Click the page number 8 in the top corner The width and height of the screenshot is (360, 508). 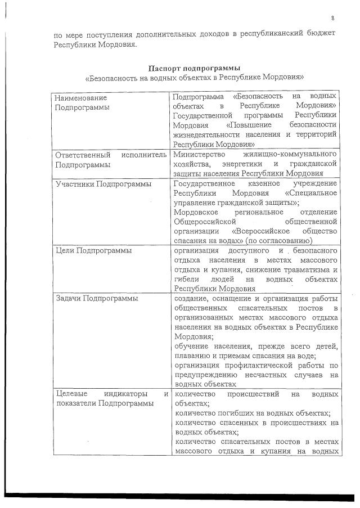pyautogui.click(x=332, y=17)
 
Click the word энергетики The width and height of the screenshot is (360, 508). pyautogui.click(x=238, y=164)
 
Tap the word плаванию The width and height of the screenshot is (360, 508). pyautogui.click(x=192, y=355)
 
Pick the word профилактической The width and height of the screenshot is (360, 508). pyautogui.click(x=252, y=365)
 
